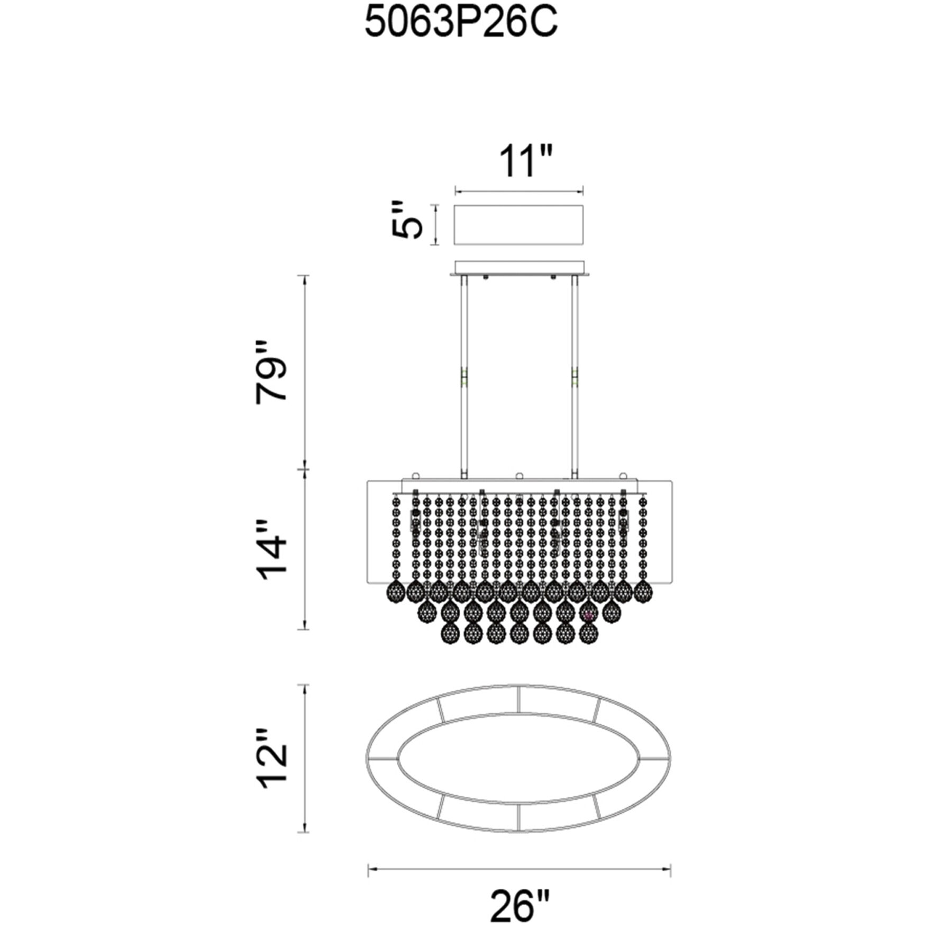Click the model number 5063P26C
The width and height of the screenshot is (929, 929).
point(461,24)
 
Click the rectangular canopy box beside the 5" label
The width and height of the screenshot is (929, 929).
point(518,225)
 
